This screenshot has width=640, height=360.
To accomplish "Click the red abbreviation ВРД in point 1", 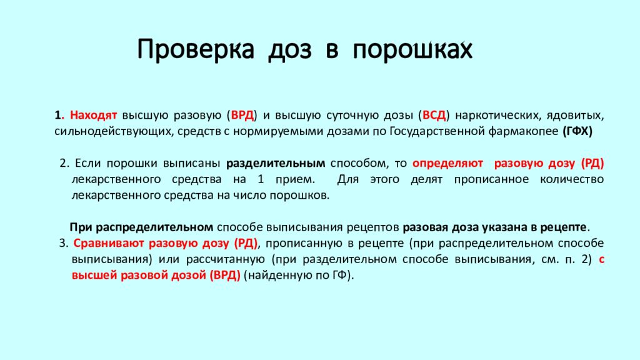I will coord(242,116).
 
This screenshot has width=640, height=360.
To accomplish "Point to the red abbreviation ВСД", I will coord(434,116).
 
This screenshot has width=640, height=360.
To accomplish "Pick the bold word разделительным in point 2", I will coord(275,163).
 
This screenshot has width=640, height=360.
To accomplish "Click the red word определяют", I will coord(448,163).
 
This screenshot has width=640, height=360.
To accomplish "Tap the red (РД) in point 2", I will coord(592,163).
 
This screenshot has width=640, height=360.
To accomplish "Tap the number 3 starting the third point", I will coord(62,243).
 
